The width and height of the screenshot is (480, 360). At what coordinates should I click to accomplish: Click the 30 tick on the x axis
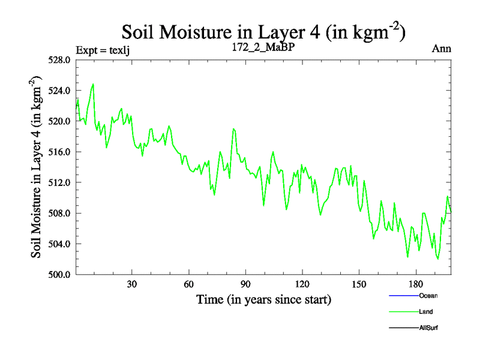[132, 284]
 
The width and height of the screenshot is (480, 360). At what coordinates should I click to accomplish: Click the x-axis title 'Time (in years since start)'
[264, 298]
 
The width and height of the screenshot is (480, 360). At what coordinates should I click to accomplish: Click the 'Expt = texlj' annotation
[103, 49]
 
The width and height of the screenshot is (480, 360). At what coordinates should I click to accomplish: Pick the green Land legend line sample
[403, 312]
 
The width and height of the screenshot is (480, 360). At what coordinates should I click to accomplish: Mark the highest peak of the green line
[93, 84]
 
